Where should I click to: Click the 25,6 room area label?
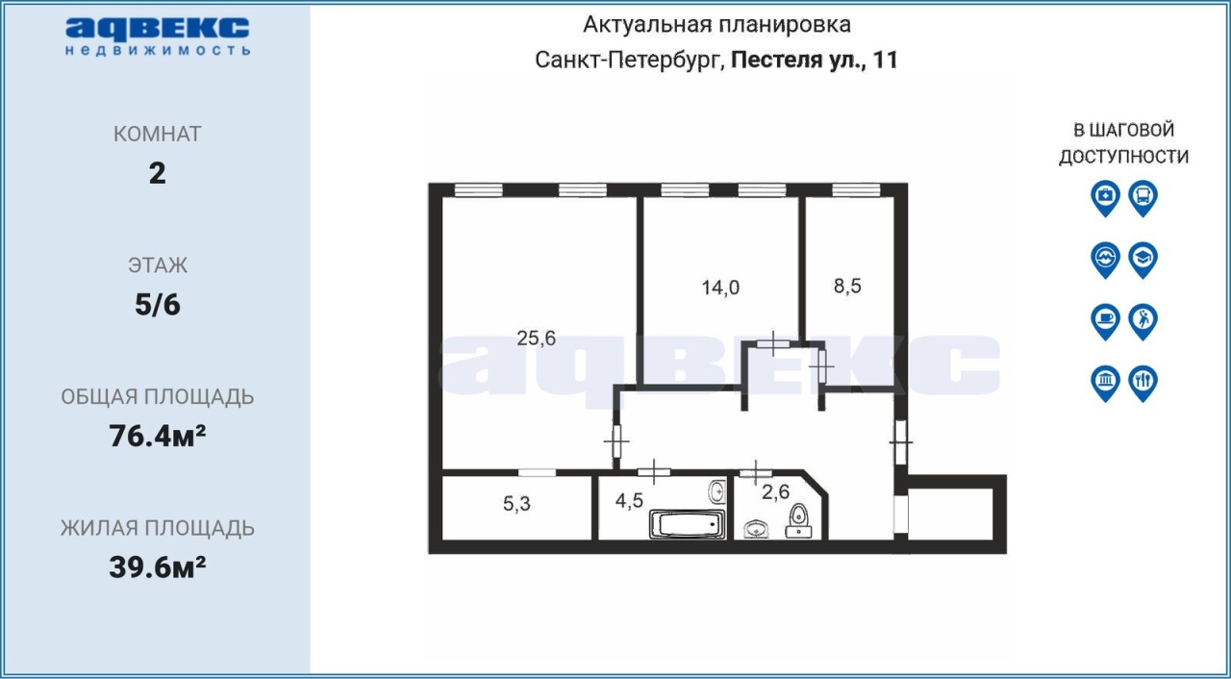pos(536,338)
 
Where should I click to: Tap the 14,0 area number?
pos(720,288)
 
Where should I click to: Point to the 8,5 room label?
pos(847,286)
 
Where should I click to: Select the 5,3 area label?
pos(516,503)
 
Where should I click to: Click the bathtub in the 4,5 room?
pos(688,523)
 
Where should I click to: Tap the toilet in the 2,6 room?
pos(798,520)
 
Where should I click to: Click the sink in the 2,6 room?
pos(756,529)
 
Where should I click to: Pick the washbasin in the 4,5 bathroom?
pos(717,491)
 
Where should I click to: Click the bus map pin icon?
pos(1143,198)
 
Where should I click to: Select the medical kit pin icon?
pos(1105,198)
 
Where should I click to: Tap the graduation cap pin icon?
pos(1143,260)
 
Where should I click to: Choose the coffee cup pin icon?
pos(1105,321)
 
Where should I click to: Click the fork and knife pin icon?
pos(1143,383)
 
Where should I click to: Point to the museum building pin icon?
pos(1105,383)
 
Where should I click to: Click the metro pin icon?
pos(1105,260)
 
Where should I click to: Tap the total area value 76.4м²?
pos(157,437)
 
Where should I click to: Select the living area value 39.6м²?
pos(157,566)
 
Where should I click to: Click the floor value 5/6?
pos(157,304)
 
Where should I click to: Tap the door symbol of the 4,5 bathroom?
pos(653,472)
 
